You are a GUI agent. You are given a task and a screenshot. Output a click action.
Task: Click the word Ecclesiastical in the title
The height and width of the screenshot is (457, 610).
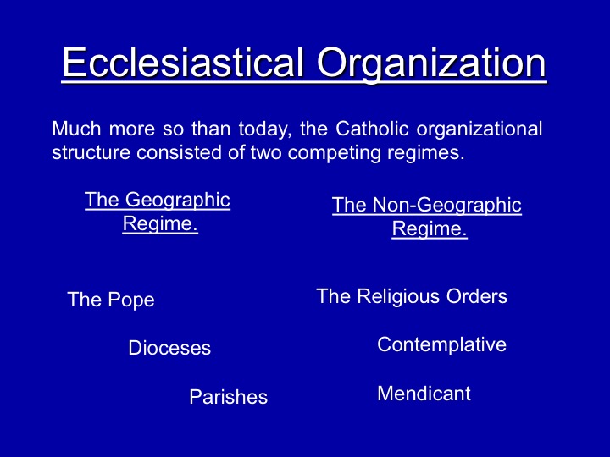182,62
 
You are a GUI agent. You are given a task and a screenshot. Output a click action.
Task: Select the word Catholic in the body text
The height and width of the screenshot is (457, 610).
372,129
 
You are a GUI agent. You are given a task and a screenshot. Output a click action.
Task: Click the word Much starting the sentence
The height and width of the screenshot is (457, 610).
76,129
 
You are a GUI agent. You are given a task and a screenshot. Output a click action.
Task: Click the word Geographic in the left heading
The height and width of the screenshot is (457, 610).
178,201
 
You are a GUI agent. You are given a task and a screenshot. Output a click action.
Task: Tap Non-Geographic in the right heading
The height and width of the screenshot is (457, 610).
447,206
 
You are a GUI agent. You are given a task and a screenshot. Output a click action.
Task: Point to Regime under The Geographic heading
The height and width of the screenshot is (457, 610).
160,224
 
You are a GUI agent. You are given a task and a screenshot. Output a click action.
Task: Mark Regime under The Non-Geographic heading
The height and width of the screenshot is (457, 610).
430,229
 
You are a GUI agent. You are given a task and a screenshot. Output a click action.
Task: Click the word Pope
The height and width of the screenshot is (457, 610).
131,300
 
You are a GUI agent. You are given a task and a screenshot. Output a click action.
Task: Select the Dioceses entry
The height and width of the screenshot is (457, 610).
169,348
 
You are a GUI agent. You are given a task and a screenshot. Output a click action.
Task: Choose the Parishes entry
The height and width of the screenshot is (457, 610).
229,397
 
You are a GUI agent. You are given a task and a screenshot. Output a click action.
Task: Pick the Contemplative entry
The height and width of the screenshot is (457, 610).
442,345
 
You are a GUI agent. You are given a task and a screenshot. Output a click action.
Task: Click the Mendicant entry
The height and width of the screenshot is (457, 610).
424,394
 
